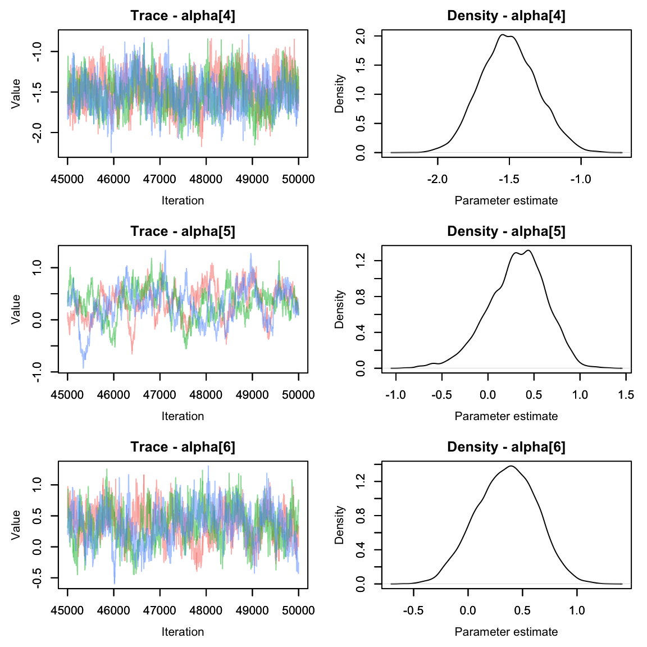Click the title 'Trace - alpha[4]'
[x=183, y=16]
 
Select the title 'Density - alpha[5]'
[x=506, y=231]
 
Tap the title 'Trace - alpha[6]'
[x=183, y=447]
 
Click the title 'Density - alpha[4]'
[x=506, y=16]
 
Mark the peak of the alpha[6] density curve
[x=511, y=466]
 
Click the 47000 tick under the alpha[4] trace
[x=160, y=179]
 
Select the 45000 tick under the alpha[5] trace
[x=67, y=395]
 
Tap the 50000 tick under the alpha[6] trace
[x=298, y=610]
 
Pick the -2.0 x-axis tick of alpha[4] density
[x=438, y=179]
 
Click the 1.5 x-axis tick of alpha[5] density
[x=626, y=395]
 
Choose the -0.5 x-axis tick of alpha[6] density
[x=413, y=610]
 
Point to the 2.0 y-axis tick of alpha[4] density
[x=361, y=37]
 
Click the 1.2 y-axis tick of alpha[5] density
[x=361, y=260]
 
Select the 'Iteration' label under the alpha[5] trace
[x=183, y=416]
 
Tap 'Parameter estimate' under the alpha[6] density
[x=506, y=632]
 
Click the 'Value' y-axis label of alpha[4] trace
[x=16, y=93]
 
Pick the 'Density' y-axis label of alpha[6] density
[x=339, y=525]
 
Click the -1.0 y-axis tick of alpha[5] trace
[x=37, y=372]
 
